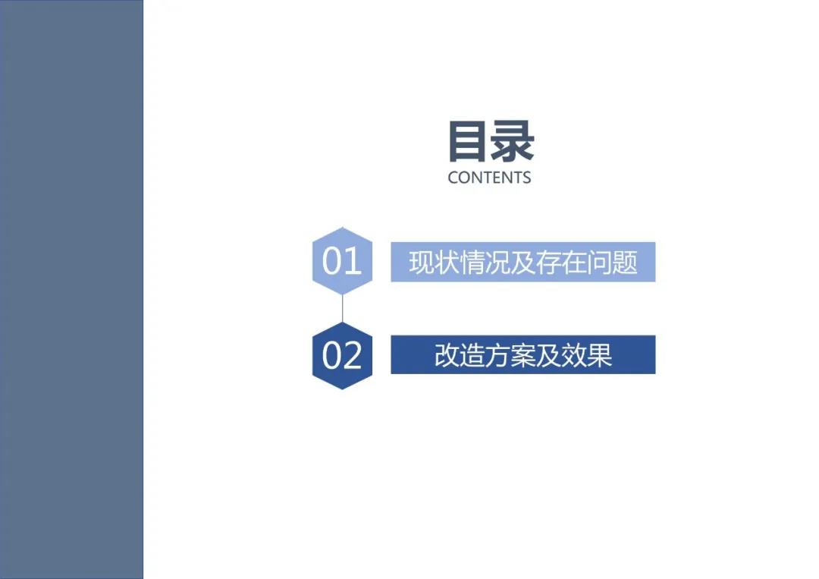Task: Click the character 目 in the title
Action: click(x=467, y=141)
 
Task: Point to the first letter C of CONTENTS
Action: click(x=453, y=178)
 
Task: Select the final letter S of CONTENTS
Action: click(x=526, y=178)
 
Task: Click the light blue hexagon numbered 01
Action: click(x=342, y=261)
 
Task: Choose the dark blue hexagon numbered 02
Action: click(x=342, y=355)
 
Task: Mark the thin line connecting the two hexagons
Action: click(x=342, y=308)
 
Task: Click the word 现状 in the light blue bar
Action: click(x=434, y=262)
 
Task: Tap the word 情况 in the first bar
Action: click(x=485, y=262)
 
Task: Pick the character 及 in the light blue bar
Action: click(x=522, y=262)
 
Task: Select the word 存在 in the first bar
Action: click(x=560, y=262)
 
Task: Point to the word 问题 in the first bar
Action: click(x=612, y=262)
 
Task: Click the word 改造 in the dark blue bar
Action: click(x=460, y=355)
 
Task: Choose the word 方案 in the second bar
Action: click(x=510, y=355)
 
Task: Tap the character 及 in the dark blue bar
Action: click(x=548, y=355)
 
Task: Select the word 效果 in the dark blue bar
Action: click(x=586, y=355)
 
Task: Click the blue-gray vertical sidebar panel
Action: click(x=71, y=290)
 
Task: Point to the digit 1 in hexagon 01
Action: click(x=353, y=260)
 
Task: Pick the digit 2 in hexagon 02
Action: click(x=353, y=355)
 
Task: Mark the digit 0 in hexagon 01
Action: click(x=332, y=260)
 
